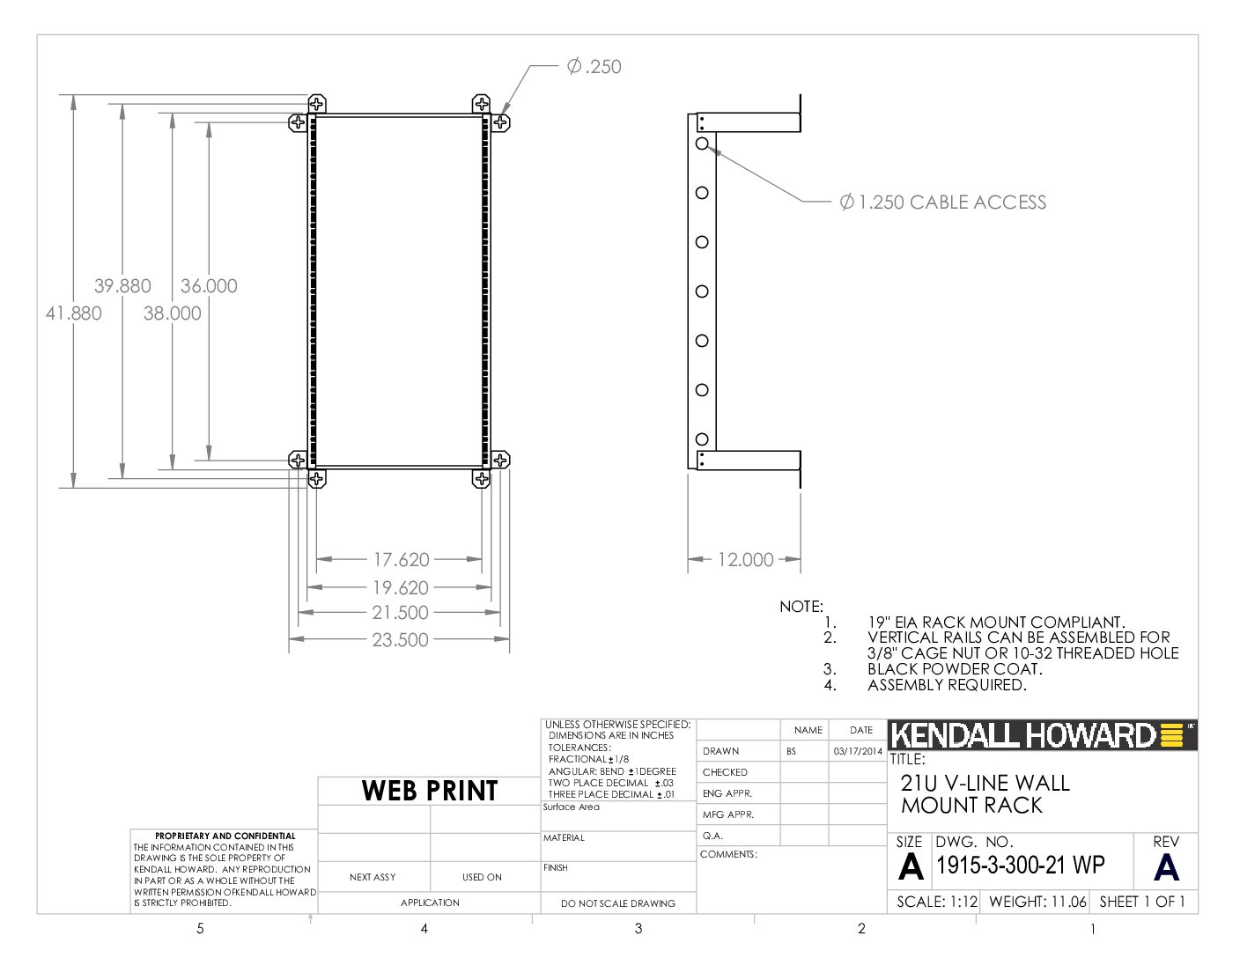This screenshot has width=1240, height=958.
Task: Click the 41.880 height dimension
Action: coord(74,313)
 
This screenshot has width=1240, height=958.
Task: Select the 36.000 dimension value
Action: coord(209,286)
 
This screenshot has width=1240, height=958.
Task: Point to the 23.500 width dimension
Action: coord(400,639)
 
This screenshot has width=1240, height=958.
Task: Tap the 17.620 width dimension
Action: coord(402,560)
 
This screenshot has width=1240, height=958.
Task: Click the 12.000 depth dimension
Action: coord(745,560)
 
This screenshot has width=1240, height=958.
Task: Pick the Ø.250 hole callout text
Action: coord(594,66)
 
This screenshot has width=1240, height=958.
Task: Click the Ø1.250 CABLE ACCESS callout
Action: coord(942,202)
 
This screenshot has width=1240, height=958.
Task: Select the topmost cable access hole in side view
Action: coord(702,144)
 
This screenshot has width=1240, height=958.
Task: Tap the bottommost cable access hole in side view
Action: coord(702,439)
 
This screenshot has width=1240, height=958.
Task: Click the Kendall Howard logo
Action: coord(1042,735)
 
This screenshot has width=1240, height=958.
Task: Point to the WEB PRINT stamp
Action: coord(430,791)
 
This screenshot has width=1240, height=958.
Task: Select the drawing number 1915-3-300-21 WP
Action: coord(1021,865)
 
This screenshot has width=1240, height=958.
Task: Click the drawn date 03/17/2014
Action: coord(858,751)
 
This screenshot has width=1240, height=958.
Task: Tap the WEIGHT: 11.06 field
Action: coord(1037,902)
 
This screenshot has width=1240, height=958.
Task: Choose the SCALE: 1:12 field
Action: coord(937,902)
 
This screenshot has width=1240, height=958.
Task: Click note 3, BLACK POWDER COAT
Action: coord(955,668)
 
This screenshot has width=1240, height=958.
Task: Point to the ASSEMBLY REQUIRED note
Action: coord(947,685)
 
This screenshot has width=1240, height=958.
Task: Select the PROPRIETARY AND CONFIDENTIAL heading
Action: coord(225,836)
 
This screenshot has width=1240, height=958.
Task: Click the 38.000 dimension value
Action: coord(173,313)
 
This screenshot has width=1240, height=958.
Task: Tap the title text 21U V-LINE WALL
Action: coord(985,783)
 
